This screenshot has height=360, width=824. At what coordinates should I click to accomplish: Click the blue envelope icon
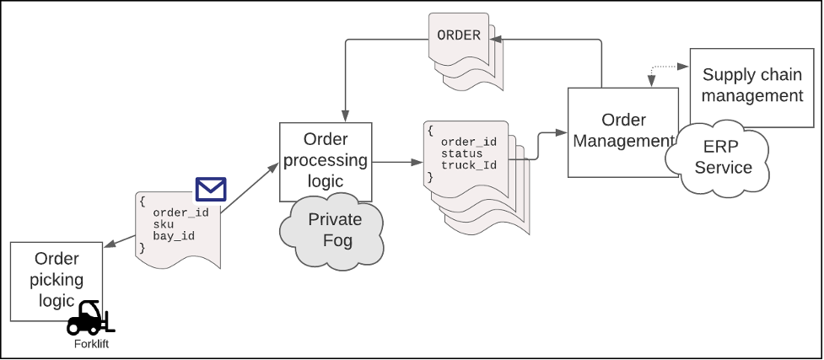211,189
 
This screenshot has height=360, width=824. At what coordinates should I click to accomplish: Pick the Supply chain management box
751,85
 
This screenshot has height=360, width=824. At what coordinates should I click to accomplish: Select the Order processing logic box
325,160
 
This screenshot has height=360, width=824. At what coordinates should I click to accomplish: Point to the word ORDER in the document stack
459,35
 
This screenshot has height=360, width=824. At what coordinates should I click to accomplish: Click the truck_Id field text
468,165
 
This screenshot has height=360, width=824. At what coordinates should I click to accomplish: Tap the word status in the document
462,153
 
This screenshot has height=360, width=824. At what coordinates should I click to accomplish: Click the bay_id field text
174,236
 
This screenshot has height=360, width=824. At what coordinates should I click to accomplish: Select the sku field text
163,224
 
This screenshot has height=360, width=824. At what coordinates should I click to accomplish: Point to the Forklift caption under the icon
90,344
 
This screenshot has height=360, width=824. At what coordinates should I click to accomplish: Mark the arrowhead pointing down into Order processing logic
345,116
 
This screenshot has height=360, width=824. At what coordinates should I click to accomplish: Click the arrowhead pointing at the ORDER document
496,37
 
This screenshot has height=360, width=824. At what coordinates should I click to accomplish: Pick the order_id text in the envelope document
180,212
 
